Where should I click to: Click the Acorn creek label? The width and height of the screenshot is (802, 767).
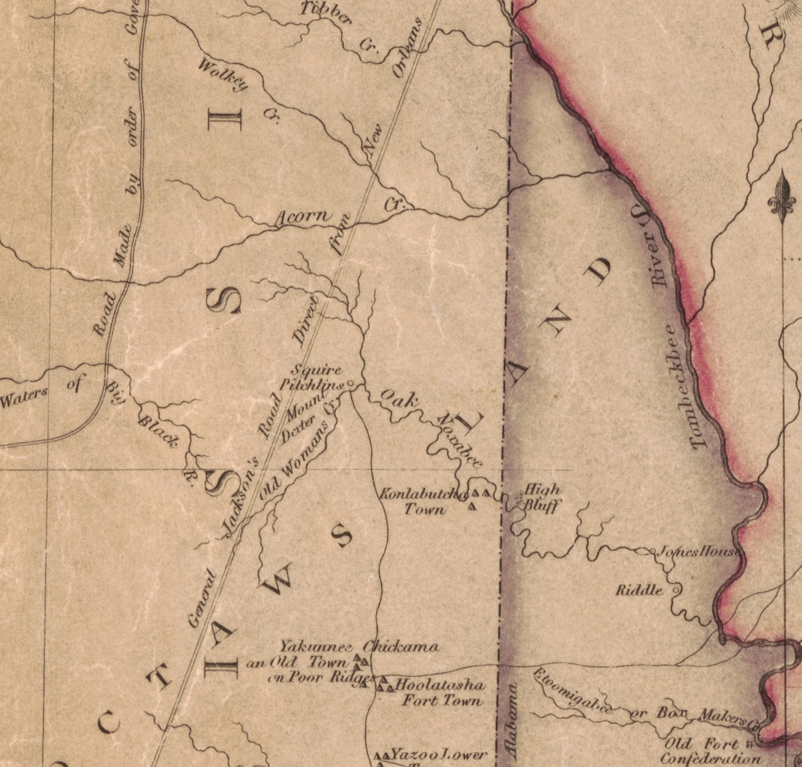point(303,217)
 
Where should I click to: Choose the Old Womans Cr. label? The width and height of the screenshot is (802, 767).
point(295,464)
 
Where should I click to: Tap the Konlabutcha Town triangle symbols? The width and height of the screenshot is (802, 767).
point(478,497)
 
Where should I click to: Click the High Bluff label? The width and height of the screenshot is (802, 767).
point(542,496)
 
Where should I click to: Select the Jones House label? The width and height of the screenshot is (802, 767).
point(697,551)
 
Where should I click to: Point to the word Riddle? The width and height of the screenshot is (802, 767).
point(639,590)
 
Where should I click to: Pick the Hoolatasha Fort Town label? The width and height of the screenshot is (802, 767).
point(440,692)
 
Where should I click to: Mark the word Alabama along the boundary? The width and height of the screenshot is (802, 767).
point(511,718)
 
